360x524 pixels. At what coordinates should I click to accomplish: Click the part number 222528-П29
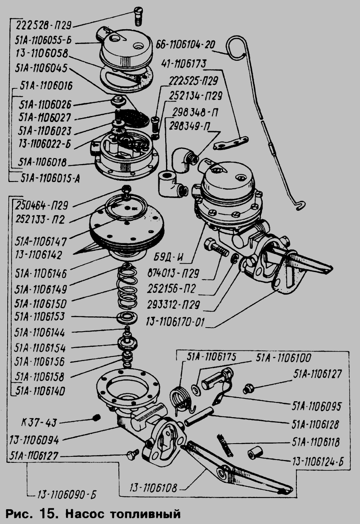coord(43,26)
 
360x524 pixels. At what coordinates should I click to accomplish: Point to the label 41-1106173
coord(184,64)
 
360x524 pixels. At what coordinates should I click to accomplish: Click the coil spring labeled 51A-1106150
coord(127,287)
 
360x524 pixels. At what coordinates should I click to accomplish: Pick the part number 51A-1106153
coord(39,317)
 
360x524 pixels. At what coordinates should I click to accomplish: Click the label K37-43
coord(39,423)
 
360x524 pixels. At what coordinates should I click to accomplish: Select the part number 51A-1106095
coord(316,406)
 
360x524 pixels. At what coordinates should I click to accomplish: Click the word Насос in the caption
coord(85,514)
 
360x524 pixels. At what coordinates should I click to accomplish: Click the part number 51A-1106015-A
coord(50,179)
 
